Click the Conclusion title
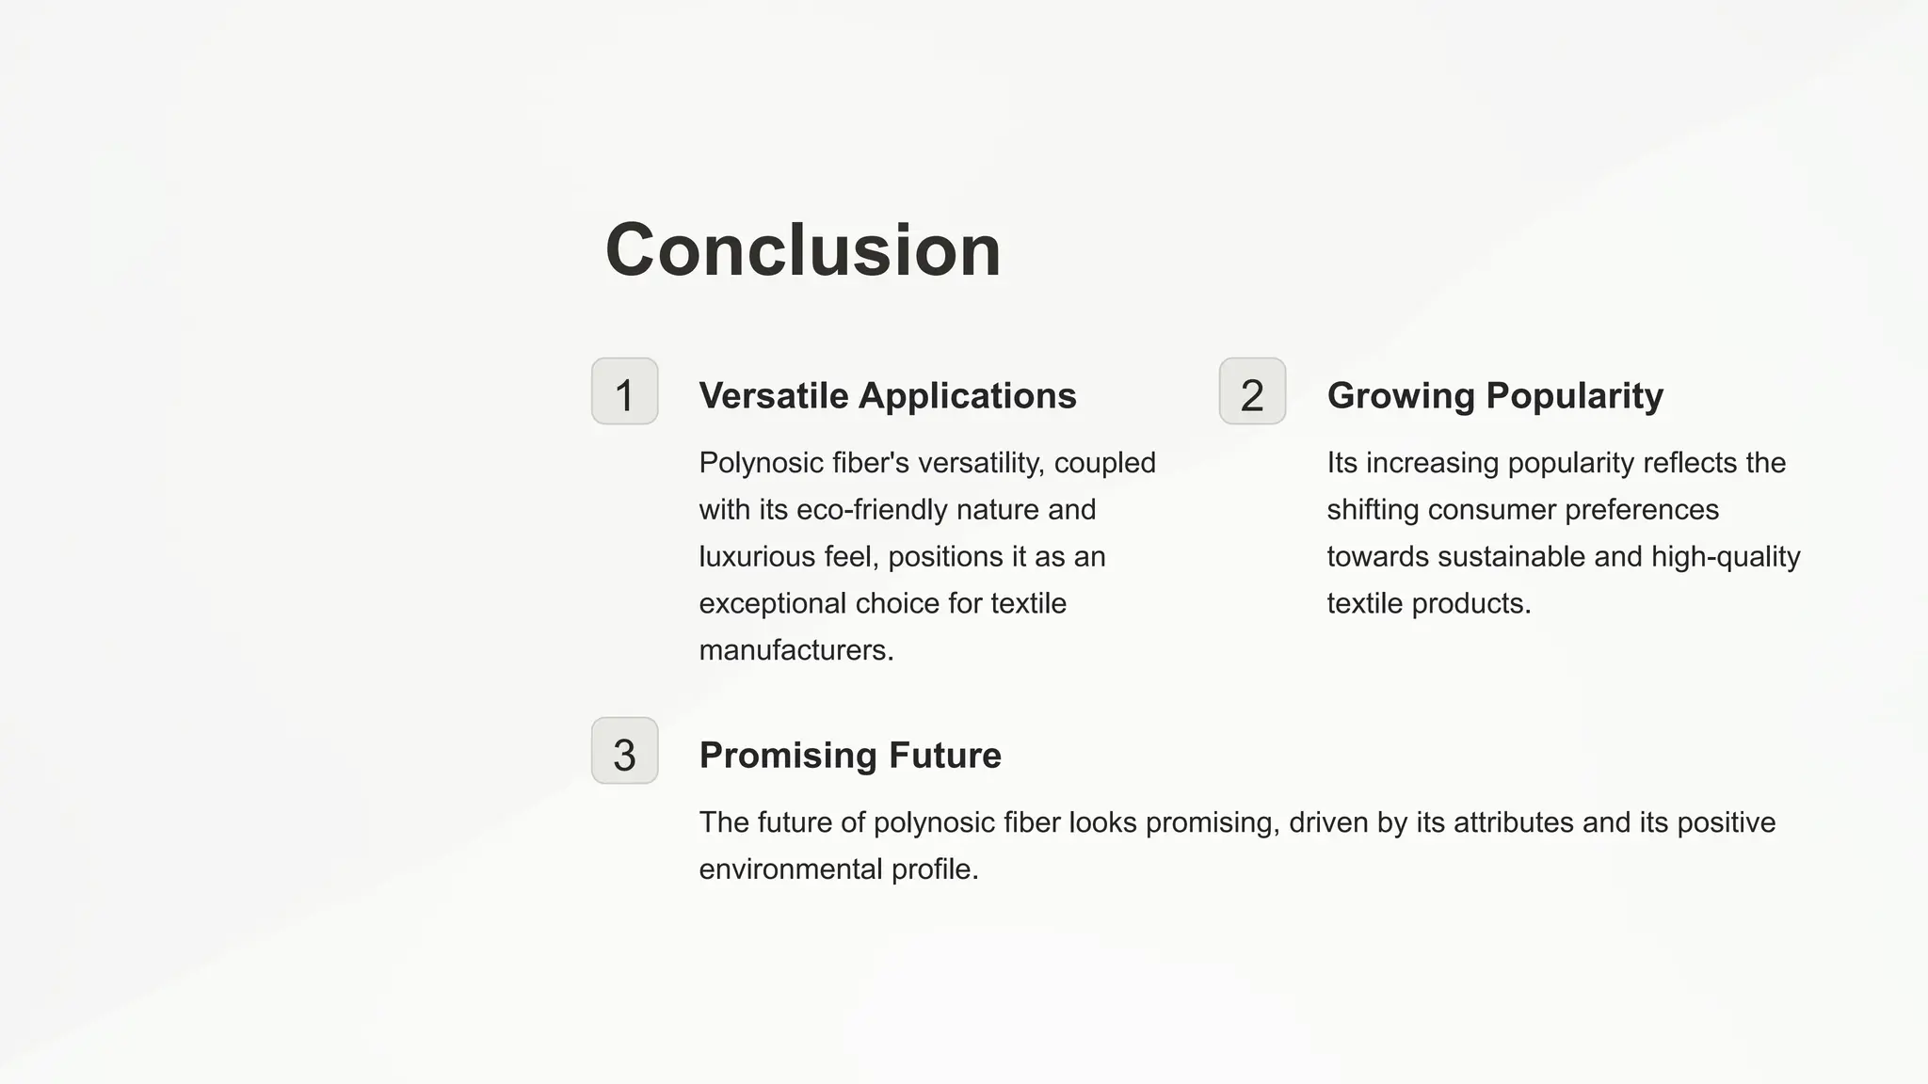point(803,250)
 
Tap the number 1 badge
point(624,391)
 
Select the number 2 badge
point(1252,391)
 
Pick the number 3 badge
point(624,751)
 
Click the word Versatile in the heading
point(774,396)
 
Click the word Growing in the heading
point(1401,396)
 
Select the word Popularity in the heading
point(1574,396)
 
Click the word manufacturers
point(795,650)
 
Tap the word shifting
point(1373,510)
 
